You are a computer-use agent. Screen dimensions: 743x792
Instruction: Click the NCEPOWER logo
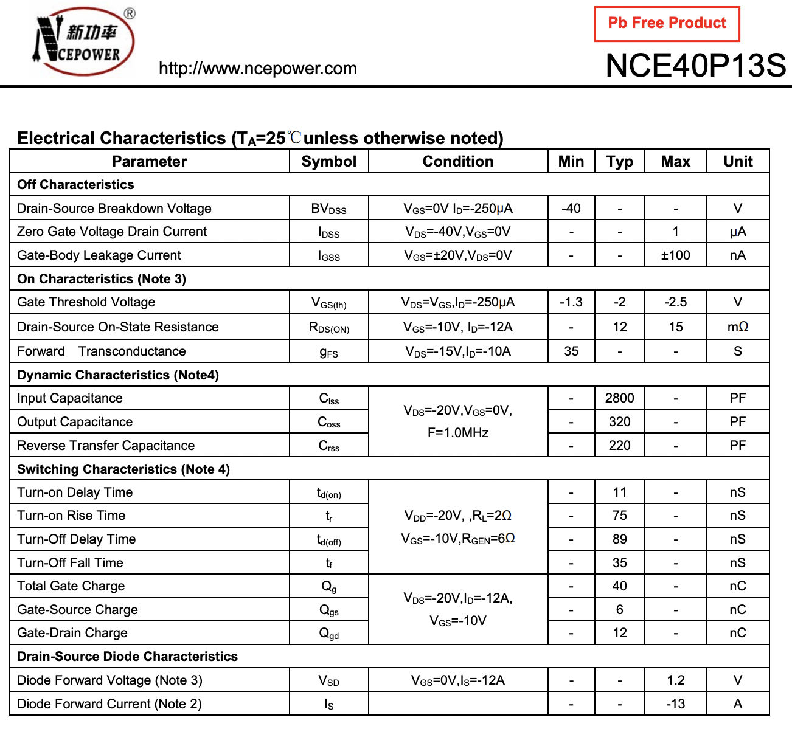pyautogui.click(x=83, y=41)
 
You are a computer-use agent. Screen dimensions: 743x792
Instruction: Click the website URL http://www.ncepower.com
pyautogui.click(x=257, y=68)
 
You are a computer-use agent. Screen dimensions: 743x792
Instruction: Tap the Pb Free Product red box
pyautogui.click(x=667, y=24)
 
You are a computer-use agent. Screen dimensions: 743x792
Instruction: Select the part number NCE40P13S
pyautogui.click(x=695, y=65)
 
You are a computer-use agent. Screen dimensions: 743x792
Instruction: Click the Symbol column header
pyautogui.click(x=328, y=161)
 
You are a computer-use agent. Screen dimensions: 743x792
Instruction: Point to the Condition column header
pyautogui.click(x=457, y=161)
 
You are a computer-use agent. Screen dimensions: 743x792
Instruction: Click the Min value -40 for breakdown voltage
pyautogui.click(x=571, y=209)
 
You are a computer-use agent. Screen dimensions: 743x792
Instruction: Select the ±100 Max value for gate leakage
pyautogui.click(x=675, y=255)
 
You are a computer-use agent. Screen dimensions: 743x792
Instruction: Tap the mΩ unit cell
pyautogui.click(x=737, y=327)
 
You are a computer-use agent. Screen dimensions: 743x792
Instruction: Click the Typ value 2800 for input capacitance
pyautogui.click(x=619, y=398)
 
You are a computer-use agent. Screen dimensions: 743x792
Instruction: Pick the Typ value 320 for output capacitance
pyautogui.click(x=619, y=422)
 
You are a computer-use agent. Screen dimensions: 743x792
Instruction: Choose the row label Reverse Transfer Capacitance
pyautogui.click(x=106, y=446)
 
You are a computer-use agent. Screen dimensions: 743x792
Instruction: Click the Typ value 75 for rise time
pyautogui.click(x=619, y=516)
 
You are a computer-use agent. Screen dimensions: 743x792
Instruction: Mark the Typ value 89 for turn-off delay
pyautogui.click(x=619, y=539)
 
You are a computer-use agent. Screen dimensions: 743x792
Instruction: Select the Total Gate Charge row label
pyautogui.click(x=71, y=586)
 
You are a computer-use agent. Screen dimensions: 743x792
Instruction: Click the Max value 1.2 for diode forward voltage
pyautogui.click(x=675, y=680)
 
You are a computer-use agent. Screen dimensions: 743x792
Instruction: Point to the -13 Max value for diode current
pyautogui.click(x=675, y=704)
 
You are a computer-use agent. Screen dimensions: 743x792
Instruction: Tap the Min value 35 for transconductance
pyautogui.click(x=571, y=351)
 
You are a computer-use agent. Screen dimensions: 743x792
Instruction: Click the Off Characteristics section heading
pyautogui.click(x=75, y=185)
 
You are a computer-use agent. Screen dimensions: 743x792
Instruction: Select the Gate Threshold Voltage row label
pyautogui.click(x=86, y=302)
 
